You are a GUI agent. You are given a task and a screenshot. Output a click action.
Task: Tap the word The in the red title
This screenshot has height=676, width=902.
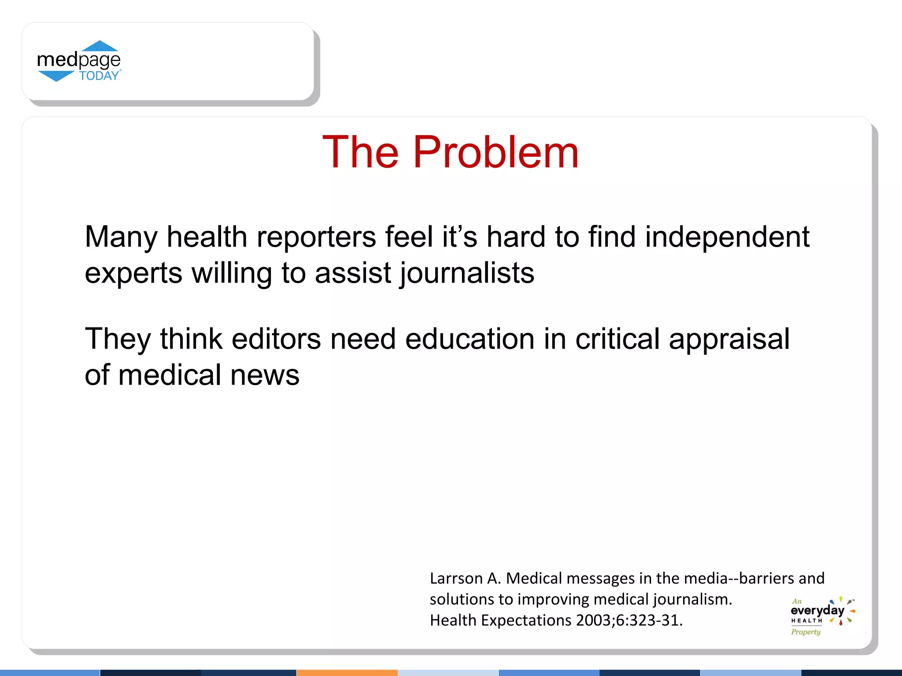[x=360, y=152]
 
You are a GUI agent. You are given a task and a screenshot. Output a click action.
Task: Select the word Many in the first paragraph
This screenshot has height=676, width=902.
[x=121, y=238]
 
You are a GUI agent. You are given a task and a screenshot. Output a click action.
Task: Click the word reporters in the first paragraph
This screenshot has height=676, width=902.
[x=316, y=238]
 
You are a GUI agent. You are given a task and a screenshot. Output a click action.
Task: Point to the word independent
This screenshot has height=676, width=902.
[x=727, y=238]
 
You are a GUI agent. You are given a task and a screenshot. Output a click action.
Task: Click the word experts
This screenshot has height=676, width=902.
[x=133, y=274]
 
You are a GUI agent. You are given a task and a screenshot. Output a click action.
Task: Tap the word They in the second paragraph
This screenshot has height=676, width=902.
[x=118, y=339]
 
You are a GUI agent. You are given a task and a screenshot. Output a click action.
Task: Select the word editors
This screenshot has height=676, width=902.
[x=276, y=339]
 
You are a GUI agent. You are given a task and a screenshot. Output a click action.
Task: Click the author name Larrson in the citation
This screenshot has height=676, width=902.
[x=456, y=578]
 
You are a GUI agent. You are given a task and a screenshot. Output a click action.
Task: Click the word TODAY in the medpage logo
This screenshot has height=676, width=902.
[x=99, y=76]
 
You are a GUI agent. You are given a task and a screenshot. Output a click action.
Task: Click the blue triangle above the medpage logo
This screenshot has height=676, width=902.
[x=100, y=46]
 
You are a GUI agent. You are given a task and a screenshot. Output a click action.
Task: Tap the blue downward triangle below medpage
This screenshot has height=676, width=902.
[x=56, y=77]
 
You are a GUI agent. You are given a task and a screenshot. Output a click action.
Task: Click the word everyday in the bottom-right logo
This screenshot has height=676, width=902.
[x=817, y=611]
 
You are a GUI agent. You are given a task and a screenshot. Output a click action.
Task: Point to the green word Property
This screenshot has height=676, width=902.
[x=806, y=632]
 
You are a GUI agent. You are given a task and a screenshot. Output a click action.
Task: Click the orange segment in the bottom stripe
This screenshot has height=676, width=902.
[x=347, y=672]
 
